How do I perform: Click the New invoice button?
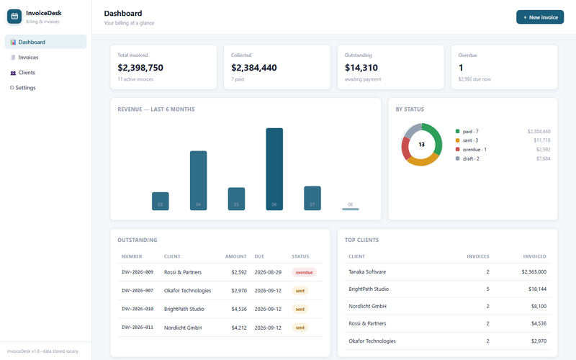tap(540, 17)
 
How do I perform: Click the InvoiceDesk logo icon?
tap(14, 17)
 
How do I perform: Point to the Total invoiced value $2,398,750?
tap(140, 68)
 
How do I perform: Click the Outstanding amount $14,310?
tap(361, 68)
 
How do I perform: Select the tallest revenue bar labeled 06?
tap(274, 169)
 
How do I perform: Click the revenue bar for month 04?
tap(199, 181)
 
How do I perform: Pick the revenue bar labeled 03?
tap(161, 201)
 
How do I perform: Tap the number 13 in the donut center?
tap(422, 145)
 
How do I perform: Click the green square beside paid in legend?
tap(457, 131)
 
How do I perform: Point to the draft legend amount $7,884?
tap(544, 158)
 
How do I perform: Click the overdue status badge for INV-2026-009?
tap(304, 273)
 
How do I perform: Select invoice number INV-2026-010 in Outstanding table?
tap(138, 309)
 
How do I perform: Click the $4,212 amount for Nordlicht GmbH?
tap(239, 328)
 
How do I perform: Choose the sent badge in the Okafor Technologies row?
tap(300, 291)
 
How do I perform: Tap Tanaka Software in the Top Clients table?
tap(367, 272)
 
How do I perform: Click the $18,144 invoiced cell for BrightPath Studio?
tap(537, 289)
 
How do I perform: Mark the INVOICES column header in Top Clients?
tap(478, 256)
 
